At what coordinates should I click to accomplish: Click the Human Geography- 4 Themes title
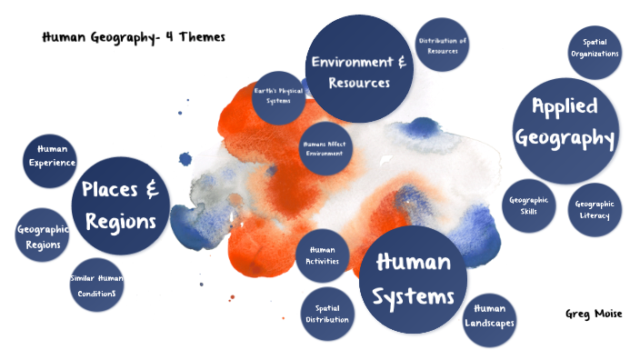point(133,37)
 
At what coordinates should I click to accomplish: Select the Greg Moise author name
point(594,314)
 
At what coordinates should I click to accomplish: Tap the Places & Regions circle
point(121,205)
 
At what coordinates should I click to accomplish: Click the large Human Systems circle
point(414,280)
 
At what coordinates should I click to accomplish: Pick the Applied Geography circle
point(565,122)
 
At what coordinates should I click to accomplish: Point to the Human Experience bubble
point(52,156)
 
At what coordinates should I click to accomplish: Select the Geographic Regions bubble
point(43,236)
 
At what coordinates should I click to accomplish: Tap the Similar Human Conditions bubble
point(96,285)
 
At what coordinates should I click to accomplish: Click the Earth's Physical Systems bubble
point(278,97)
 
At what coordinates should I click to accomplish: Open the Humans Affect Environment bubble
point(325,148)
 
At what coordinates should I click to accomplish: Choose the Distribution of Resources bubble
point(442,45)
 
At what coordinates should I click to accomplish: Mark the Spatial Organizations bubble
point(595,48)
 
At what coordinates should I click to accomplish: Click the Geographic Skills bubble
point(529,205)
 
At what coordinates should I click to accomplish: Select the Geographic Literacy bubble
point(595,210)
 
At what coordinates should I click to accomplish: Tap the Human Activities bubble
point(323,255)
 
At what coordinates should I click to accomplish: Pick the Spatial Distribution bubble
point(327,314)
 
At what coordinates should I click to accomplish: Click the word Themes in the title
point(201,37)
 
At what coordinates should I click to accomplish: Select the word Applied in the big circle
point(565,106)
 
